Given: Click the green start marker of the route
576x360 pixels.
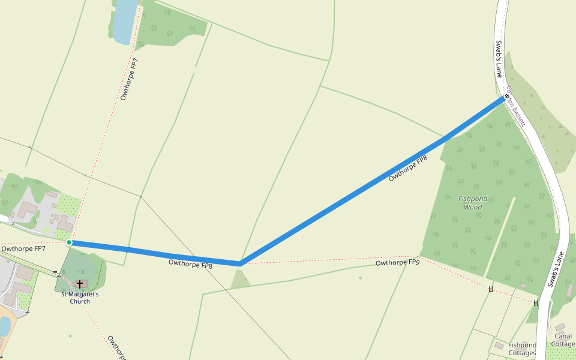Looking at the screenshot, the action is click(69, 242).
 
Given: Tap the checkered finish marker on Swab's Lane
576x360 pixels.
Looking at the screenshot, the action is click(507, 96).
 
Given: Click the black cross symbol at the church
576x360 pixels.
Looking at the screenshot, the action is click(79, 283).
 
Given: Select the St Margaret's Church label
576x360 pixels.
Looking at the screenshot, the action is click(79, 298).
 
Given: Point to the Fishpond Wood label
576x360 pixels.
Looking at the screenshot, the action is click(473, 203).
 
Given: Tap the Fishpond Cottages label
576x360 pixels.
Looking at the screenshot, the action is click(522, 349).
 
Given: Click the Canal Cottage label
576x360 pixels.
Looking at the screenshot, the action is click(563, 340).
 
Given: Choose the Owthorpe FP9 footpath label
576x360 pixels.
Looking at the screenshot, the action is click(397, 263).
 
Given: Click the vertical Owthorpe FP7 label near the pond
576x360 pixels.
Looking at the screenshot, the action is click(129, 79).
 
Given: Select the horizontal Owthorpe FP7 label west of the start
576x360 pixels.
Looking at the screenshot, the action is click(23, 248).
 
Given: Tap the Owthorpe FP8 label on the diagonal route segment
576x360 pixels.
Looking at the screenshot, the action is click(408, 169).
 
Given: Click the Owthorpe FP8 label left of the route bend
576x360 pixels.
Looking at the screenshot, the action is click(190, 263).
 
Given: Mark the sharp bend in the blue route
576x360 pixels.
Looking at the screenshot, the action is click(240, 263).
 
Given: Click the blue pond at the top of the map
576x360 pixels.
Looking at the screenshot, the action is click(125, 22).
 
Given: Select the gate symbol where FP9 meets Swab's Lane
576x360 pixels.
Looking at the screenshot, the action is click(536, 303).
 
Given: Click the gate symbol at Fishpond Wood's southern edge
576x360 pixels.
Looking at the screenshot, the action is click(491, 290).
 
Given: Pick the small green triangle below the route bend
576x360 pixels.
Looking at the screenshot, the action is click(240, 279).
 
